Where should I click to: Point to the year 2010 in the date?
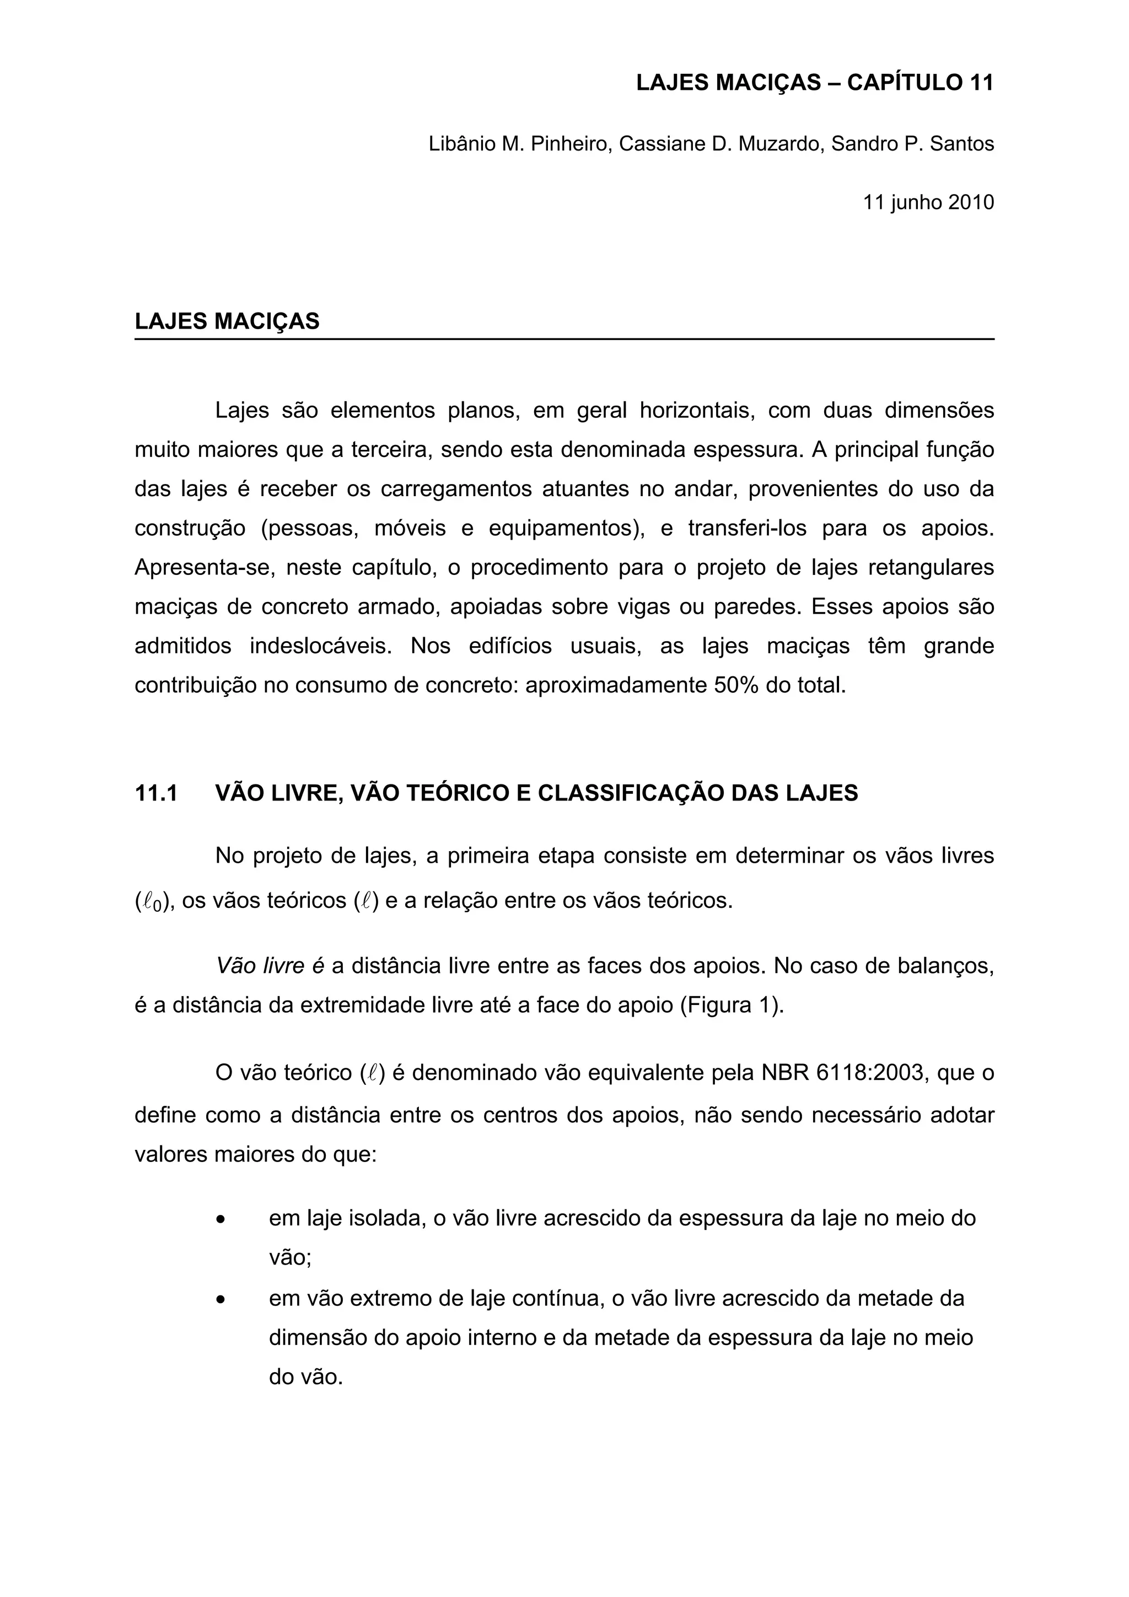971,202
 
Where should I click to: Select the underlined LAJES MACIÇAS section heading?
227,321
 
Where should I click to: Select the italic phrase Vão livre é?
270,966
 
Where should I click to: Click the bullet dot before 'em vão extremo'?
221,1299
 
